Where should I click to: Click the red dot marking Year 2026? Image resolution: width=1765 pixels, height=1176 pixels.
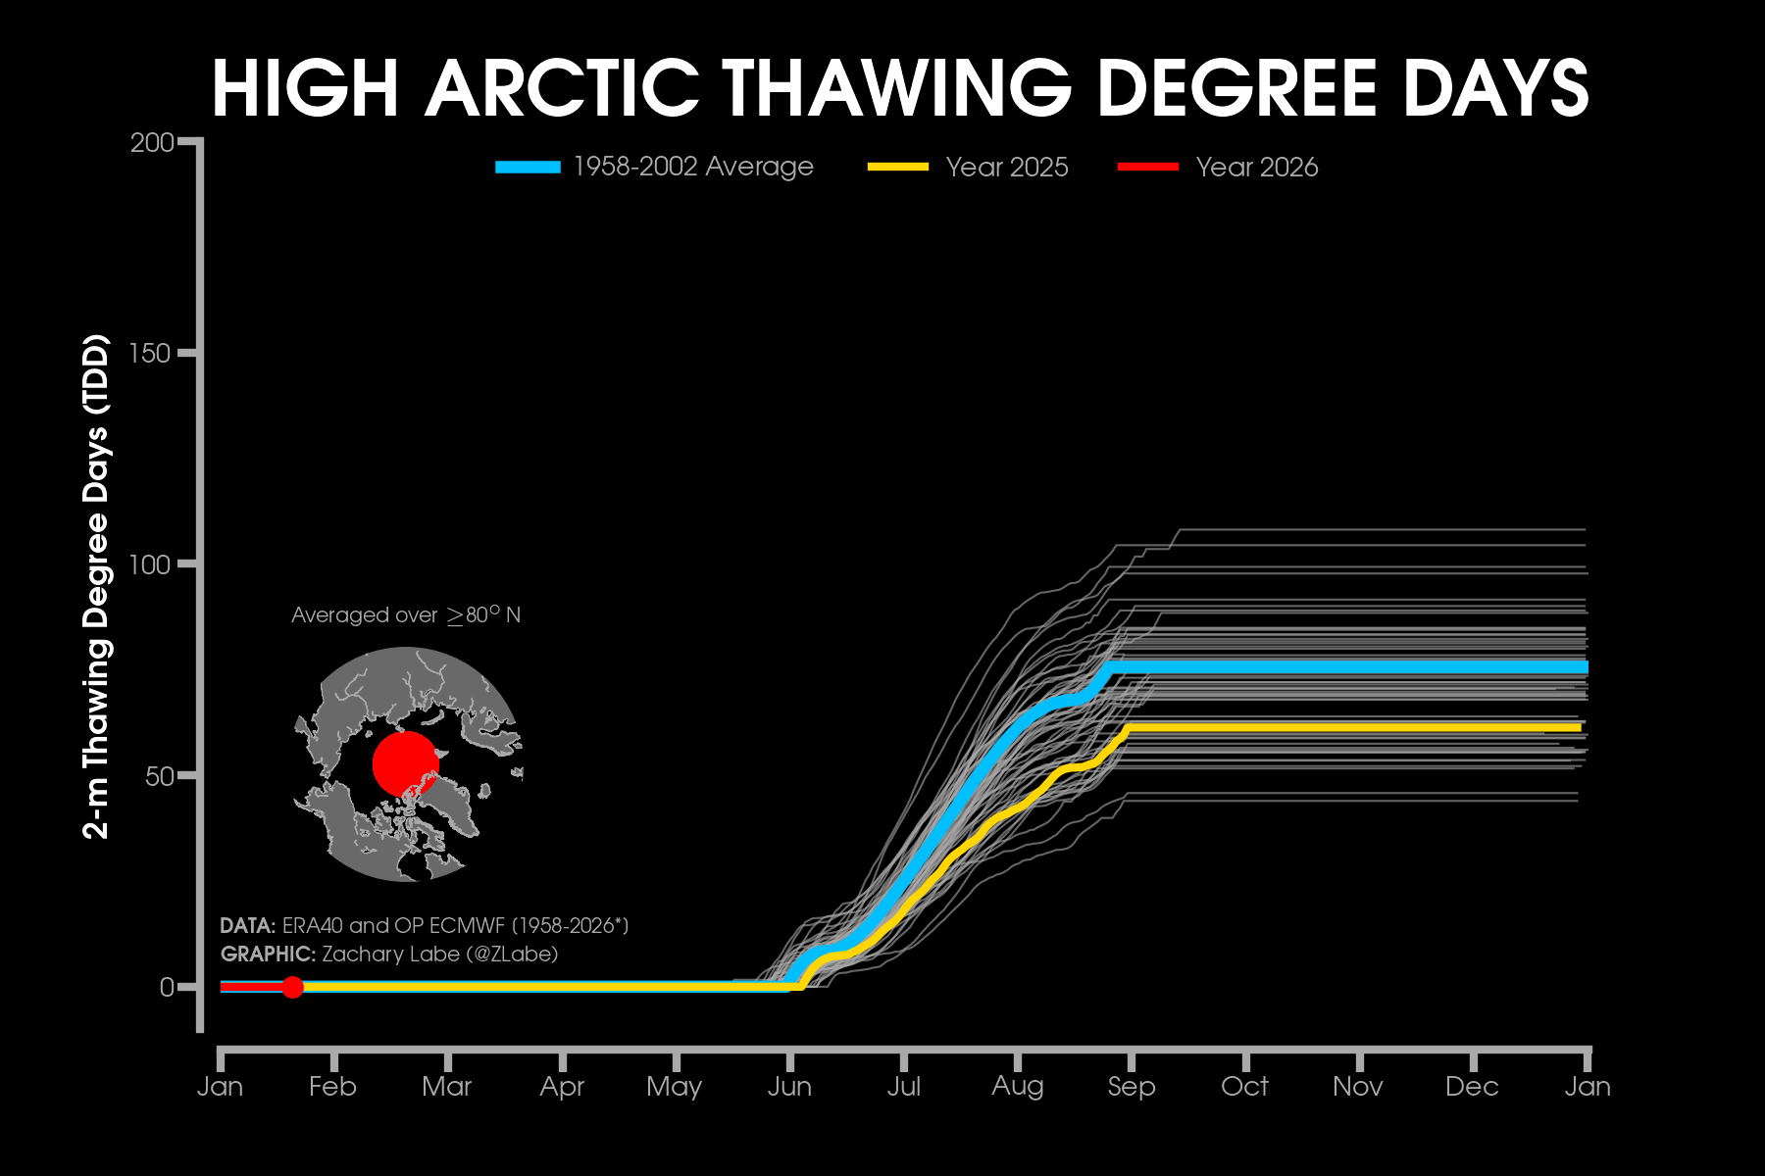click(x=292, y=987)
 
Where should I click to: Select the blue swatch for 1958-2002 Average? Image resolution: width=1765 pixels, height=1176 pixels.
click(x=528, y=167)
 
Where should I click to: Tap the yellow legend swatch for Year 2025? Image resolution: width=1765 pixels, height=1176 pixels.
click(x=897, y=167)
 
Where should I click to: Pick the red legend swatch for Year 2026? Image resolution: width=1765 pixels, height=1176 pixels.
click(x=1147, y=167)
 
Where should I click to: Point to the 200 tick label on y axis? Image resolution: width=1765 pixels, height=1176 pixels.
click(x=151, y=143)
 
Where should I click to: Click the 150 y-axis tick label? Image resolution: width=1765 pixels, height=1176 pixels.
click(x=151, y=354)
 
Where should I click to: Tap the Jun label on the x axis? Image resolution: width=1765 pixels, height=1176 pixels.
click(x=789, y=1087)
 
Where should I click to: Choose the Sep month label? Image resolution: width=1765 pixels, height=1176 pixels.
click(x=1132, y=1087)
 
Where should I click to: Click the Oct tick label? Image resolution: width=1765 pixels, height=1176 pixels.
click(x=1244, y=1087)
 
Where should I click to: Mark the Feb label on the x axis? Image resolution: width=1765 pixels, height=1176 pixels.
click(x=332, y=1087)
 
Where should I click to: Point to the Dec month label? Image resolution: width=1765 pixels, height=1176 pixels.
click(x=1472, y=1087)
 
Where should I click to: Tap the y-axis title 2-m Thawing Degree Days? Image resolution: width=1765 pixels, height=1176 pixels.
click(x=96, y=588)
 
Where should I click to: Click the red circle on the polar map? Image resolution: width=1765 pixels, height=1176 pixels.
click(x=405, y=763)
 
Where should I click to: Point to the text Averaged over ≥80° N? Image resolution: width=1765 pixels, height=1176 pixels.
click(x=406, y=615)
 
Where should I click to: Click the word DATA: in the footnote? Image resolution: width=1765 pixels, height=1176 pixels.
click(x=247, y=926)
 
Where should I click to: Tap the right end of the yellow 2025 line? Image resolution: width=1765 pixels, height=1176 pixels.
click(x=1579, y=727)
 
